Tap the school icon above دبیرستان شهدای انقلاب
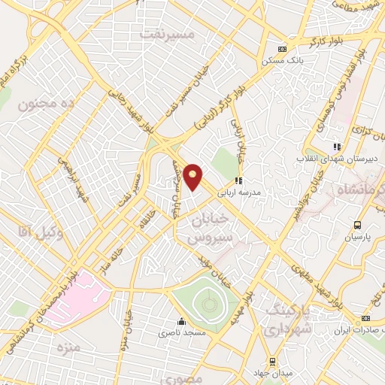(338, 147)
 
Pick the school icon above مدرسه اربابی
(239, 180)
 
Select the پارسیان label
(358, 236)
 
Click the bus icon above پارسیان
(358, 225)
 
